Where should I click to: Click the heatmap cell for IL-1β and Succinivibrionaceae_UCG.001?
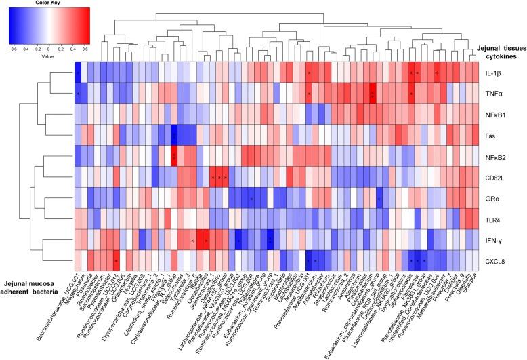pyautogui.click(x=77, y=71)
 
